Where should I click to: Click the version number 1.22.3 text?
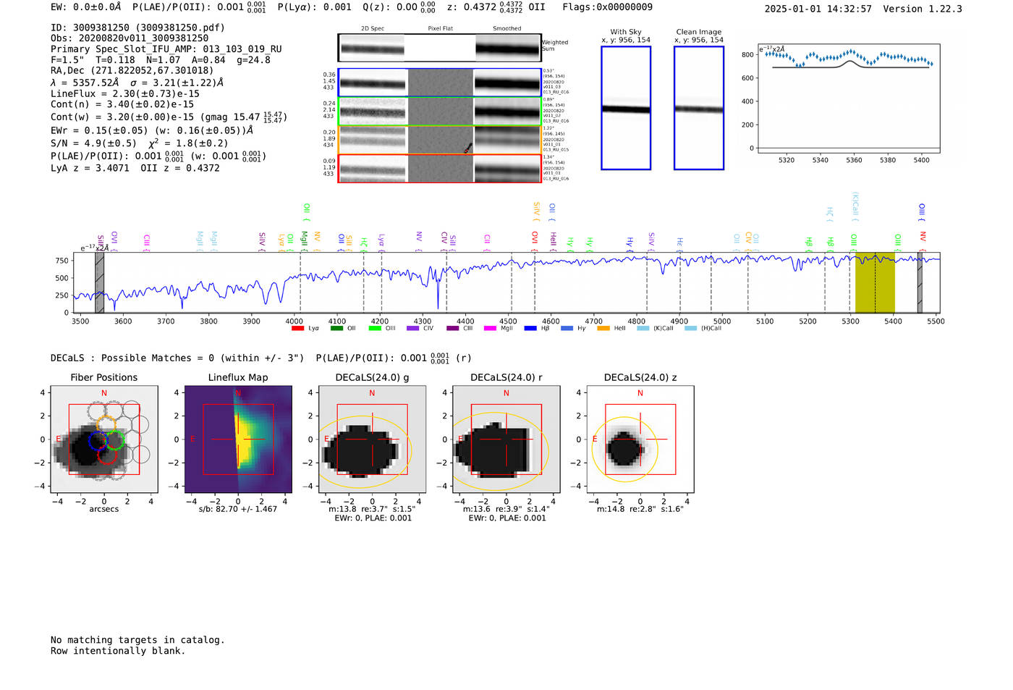tap(938, 9)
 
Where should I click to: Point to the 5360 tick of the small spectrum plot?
tap(854, 160)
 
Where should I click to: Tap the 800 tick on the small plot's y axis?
tap(747, 55)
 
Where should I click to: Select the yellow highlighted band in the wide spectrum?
tap(875, 283)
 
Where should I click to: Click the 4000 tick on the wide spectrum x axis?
tap(294, 321)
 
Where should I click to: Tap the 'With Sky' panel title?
tap(626, 32)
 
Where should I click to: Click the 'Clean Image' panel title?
tap(698, 32)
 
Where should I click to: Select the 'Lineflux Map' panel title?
tap(238, 377)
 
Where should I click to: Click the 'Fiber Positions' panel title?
tap(103, 377)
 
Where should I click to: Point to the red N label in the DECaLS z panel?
tap(640, 393)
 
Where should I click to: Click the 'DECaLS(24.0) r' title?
tap(506, 377)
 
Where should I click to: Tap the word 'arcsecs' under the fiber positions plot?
tap(104, 509)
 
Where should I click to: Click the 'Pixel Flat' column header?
tap(440, 29)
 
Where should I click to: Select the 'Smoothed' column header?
tap(506, 29)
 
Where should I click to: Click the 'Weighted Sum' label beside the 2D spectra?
tap(555, 46)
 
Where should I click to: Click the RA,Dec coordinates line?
tap(132, 70)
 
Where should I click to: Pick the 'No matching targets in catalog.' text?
tap(137, 640)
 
